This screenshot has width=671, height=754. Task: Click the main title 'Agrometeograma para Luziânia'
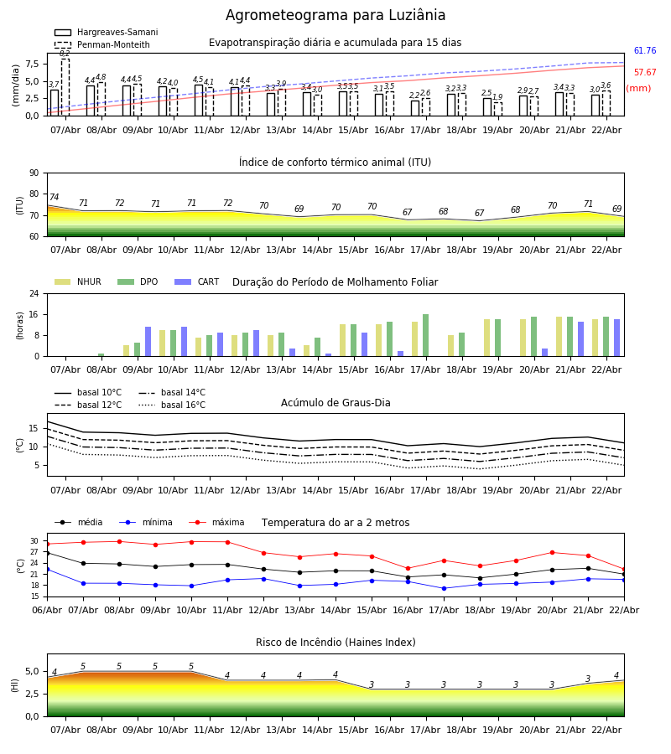(x=335, y=16)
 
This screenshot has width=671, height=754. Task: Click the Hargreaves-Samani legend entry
(x=106, y=33)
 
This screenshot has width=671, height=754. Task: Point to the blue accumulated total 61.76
(x=645, y=51)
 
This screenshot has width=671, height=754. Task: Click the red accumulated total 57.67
(x=645, y=73)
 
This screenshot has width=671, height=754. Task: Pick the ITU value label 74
(x=54, y=198)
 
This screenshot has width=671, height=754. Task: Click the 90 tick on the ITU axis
(x=34, y=173)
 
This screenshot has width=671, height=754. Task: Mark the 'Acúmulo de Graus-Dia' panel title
(x=335, y=403)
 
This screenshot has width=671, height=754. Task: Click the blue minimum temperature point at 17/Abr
(x=444, y=588)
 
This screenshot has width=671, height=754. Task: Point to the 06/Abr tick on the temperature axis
(x=47, y=610)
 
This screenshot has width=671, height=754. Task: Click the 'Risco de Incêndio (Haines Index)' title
(x=335, y=643)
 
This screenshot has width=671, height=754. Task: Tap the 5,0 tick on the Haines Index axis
(x=32, y=672)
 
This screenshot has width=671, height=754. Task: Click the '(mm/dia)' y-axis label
(x=15, y=84)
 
